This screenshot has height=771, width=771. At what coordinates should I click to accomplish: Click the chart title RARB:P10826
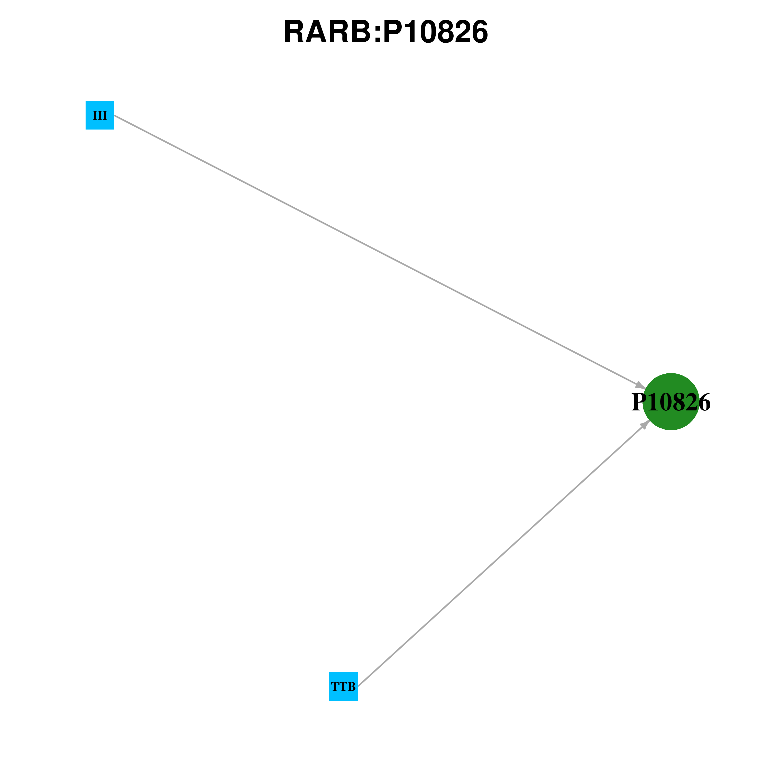(385, 32)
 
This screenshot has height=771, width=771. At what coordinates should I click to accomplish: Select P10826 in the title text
(435, 32)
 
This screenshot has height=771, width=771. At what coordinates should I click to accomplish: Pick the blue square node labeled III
(100, 115)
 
